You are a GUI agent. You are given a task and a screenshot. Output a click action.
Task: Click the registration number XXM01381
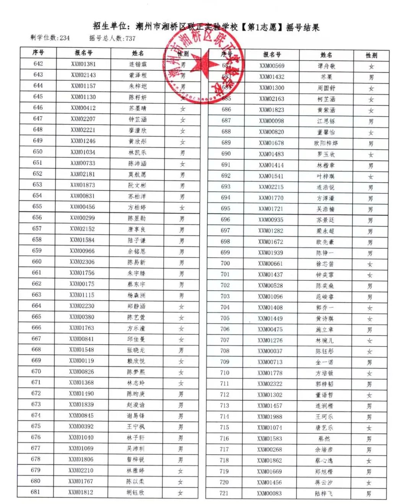click(x=83, y=64)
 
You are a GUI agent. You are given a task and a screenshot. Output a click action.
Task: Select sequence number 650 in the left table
click(x=37, y=152)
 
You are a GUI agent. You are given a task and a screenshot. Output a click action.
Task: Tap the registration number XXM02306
click(x=82, y=262)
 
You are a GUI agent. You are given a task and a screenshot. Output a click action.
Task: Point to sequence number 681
click(x=35, y=492)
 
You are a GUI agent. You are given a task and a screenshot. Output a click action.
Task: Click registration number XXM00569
click(x=272, y=66)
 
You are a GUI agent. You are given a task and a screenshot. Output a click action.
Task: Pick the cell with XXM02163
click(x=272, y=99)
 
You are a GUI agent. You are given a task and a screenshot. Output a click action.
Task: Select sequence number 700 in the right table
click(x=225, y=263)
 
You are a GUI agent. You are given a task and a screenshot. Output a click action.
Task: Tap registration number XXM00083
click(x=269, y=493)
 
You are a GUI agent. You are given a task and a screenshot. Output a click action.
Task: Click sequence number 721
click(x=224, y=493)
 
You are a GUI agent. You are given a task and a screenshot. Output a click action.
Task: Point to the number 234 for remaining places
click(x=65, y=38)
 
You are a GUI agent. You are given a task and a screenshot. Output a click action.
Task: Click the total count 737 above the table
click(x=130, y=38)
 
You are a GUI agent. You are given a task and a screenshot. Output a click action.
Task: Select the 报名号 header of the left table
click(x=83, y=53)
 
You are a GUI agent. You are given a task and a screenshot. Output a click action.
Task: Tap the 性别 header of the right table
click(x=371, y=55)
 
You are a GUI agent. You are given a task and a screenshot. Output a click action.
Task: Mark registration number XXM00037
click(x=270, y=351)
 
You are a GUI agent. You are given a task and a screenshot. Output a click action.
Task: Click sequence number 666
click(x=36, y=328)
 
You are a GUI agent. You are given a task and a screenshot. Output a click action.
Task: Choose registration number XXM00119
click(x=81, y=361)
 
